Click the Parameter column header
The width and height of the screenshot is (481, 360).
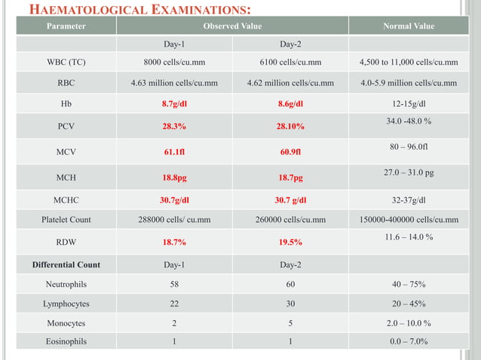(66, 26)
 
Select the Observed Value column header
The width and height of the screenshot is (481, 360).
(231, 26)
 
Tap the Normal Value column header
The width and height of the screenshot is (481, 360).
(408, 26)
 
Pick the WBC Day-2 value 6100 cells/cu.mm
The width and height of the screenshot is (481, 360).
(290, 63)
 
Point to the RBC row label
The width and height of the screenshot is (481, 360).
(66, 83)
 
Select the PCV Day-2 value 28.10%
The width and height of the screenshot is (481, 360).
(290, 127)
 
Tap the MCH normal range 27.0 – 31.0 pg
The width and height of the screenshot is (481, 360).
(408, 173)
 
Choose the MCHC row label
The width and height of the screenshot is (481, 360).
(66, 200)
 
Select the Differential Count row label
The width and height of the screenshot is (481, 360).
(66, 265)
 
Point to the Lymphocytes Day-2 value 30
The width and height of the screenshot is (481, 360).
(290, 304)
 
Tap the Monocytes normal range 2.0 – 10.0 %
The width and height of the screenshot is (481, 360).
(408, 323)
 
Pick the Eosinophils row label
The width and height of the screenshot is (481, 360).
(66, 342)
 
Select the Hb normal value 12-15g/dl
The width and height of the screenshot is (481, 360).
(408, 104)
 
